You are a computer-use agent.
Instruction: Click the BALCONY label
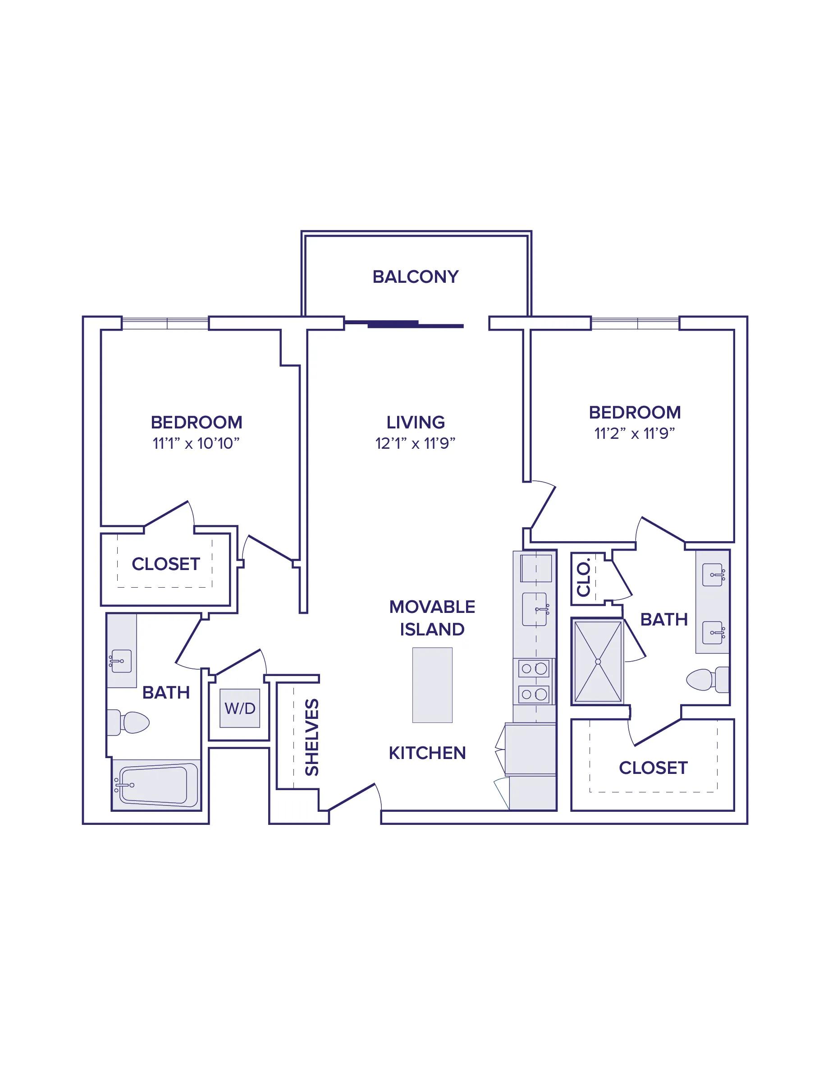coord(416,277)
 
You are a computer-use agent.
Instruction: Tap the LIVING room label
coord(416,422)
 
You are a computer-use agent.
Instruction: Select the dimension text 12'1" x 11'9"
coord(416,443)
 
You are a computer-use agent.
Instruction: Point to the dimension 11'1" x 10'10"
coord(196,443)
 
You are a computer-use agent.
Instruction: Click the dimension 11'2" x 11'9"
coord(635,433)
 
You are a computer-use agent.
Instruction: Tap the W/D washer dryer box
coord(240,709)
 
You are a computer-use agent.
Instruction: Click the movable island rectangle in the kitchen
coord(432,685)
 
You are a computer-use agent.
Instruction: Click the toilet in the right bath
coord(707,680)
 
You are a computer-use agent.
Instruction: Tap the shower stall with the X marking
coord(598,662)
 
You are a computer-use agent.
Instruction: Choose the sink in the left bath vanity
coord(120,661)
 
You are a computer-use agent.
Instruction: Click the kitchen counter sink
coord(535,609)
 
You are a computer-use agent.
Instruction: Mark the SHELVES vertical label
coord(312,737)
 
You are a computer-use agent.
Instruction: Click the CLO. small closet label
coord(584,579)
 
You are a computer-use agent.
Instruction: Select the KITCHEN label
coord(427,753)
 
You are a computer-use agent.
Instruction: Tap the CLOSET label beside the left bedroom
coord(166,564)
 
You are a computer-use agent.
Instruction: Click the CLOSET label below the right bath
coord(654,768)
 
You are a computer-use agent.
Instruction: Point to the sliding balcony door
coord(404,324)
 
